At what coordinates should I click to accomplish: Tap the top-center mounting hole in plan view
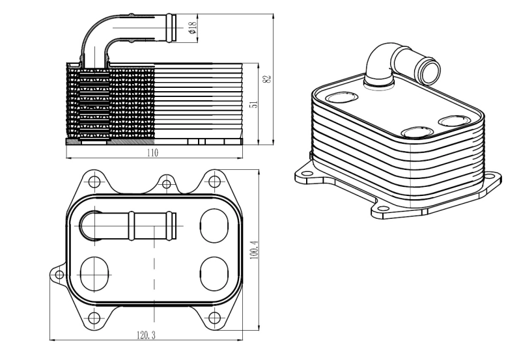[167, 184]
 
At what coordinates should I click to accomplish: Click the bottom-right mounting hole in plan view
[212, 318]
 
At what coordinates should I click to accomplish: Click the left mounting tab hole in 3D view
[303, 174]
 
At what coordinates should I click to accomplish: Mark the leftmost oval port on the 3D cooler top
[339, 99]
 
